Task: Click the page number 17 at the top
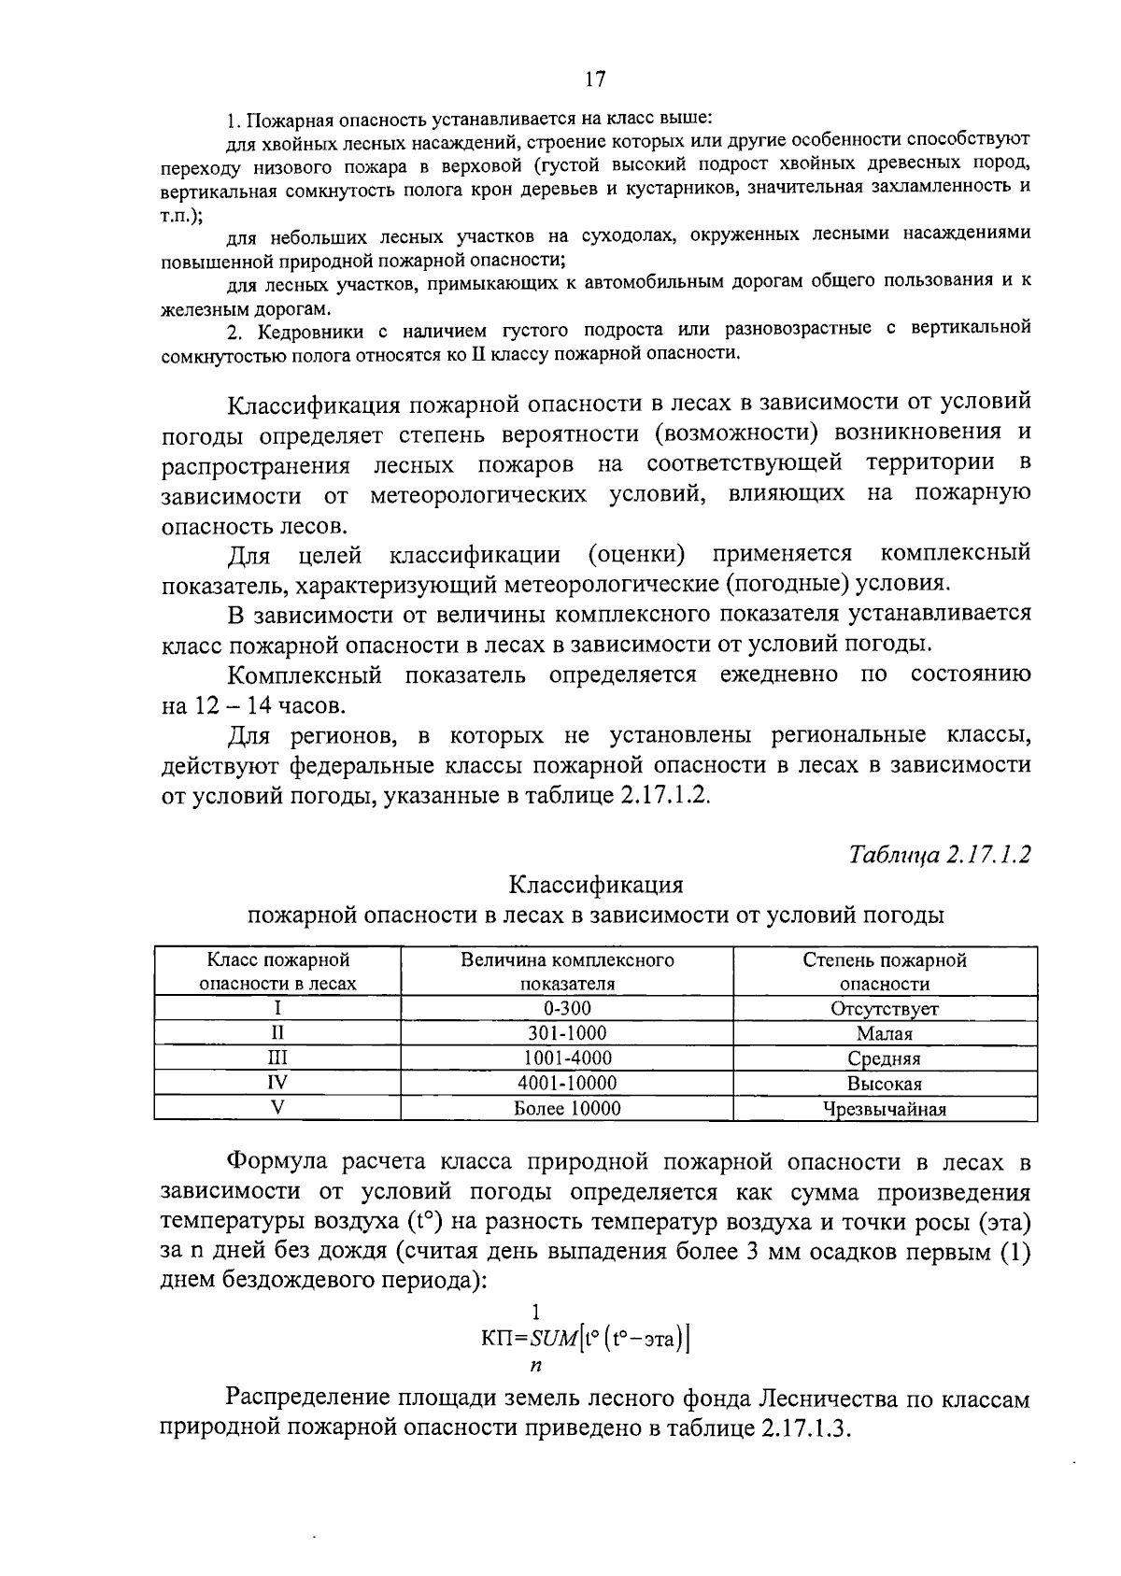point(595,78)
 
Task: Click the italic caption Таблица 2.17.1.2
point(940,855)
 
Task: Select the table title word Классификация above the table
point(595,885)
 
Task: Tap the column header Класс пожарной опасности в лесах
point(277,972)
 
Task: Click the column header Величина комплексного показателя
point(567,972)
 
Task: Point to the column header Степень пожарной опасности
point(884,972)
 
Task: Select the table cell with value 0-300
point(567,1009)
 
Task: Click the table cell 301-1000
point(567,1033)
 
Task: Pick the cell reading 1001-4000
point(567,1058)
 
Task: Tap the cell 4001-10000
point(567,1084)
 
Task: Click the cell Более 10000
point(567,1109)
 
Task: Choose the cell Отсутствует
point(884,1009)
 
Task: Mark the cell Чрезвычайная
point(884,1110)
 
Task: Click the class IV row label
point(277,1084)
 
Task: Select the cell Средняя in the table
point(884,1059)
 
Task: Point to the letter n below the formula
point(535,1366)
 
